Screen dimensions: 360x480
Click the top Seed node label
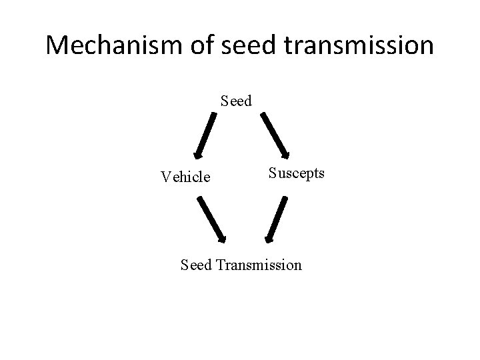[236, 101]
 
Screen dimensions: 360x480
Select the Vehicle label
[185, 177]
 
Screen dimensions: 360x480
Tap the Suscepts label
[297, 173]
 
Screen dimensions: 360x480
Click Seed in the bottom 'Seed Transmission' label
[196, 265]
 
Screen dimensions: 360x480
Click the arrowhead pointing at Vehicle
[197, 155]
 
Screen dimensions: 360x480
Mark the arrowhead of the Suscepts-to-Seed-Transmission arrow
[268, 239]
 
